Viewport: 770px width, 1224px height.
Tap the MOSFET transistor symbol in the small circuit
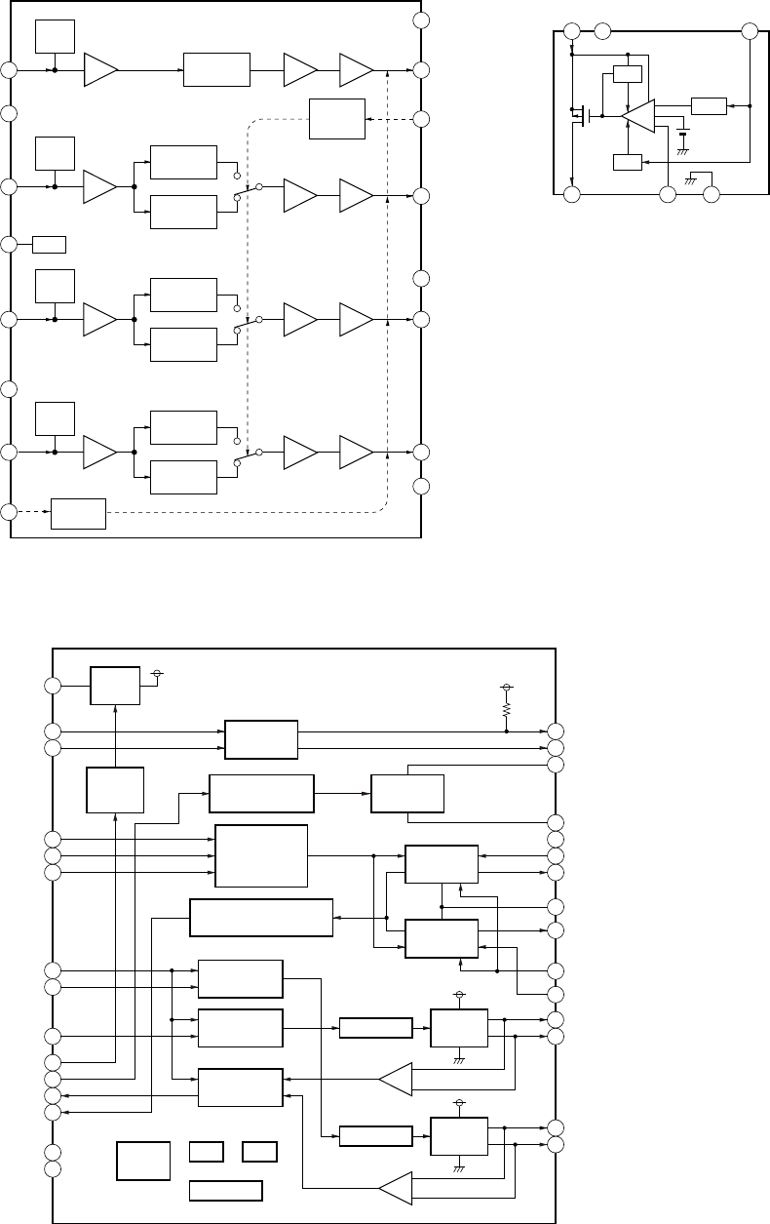(x=583, y=117)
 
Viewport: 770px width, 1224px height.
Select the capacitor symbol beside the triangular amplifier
(x=683, y=132)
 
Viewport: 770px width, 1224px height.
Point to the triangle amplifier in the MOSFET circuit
(x=638, y=116)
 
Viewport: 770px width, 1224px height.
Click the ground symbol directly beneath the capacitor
(x=683, y=151)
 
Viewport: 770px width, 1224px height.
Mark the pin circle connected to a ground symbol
(x=712, y=195)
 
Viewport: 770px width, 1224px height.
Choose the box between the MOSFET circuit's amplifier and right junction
(x=708, y=105)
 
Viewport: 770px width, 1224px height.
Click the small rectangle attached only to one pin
(x=49, y=243)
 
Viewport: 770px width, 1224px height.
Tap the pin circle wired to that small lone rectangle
(x=9, y=243)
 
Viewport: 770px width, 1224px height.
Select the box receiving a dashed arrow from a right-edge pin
(x=336, y=119)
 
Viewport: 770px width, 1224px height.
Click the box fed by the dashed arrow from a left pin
(x=78, y=513)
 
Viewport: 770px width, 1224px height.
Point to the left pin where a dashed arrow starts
(x=9, y=513)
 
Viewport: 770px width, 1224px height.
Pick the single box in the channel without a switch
(x=216, y=70)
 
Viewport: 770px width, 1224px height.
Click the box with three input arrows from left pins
(x=260, y=855)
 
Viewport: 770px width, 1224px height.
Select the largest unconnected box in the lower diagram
(x=143, y=1160)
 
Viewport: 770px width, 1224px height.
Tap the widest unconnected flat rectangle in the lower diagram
(x=225, y=1191)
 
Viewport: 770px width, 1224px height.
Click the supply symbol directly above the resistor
(x=506, y=689)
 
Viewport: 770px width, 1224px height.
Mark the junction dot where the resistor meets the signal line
(x=506, y=730)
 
